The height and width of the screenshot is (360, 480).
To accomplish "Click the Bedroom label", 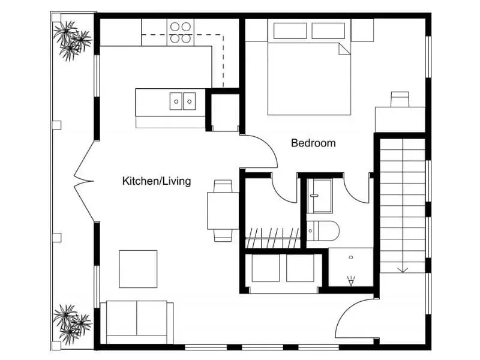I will [313, 143].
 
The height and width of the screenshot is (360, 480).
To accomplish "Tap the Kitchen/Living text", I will [157, 181].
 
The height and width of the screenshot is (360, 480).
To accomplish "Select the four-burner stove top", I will [180, 32].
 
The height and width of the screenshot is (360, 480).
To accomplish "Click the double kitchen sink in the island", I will [182, 101].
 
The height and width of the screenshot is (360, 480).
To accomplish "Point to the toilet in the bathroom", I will [324, 230].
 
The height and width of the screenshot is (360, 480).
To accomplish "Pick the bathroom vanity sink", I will [319, 196].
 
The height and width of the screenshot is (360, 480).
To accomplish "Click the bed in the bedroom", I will [309, 75].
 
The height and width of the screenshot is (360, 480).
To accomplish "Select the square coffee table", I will [138, 269].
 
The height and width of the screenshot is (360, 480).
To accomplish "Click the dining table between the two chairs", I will [223, 210].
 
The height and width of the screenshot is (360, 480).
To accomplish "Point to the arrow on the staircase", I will [403, 268].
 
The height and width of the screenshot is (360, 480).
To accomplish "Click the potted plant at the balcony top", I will [70, 40].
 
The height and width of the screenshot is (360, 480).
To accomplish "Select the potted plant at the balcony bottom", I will [70, 322].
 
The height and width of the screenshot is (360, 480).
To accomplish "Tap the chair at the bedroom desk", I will [400, 99].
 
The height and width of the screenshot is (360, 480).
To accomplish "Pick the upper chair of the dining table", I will [223, 186].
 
